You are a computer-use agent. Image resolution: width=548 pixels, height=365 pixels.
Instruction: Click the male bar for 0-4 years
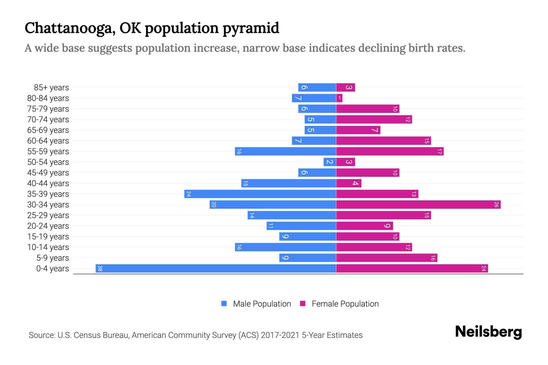point(216,269)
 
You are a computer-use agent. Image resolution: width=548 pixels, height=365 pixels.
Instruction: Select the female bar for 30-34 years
point(418,205)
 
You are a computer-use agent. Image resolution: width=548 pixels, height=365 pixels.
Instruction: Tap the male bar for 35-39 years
point(260,194)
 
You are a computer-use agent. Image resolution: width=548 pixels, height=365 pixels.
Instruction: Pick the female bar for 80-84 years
point(339,98)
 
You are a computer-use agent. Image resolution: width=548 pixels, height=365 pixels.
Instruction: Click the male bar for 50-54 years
point(330,162)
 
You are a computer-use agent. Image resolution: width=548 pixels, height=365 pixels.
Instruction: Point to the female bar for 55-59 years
point(390,151)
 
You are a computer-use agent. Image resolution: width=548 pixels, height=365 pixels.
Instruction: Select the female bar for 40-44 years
point(349,183)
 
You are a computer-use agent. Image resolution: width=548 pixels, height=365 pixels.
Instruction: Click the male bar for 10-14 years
point(285,247)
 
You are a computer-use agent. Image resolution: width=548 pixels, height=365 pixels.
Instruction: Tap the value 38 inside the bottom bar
point(100,269)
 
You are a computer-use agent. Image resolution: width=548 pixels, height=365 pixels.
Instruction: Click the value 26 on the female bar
point(496,205)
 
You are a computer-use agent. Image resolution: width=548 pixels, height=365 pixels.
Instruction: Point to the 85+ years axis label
point(51,88)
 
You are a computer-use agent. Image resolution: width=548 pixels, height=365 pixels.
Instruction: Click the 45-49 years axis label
point(48,173)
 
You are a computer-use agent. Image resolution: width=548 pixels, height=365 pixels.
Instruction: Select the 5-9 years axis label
point(52,258)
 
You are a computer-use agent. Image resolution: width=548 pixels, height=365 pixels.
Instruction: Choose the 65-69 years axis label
point(48,130)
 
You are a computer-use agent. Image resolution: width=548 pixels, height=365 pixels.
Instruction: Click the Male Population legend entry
point(262,304)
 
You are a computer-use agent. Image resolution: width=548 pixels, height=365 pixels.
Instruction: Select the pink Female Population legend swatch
point(303,304)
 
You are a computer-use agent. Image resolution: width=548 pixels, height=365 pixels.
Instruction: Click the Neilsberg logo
point(488,332)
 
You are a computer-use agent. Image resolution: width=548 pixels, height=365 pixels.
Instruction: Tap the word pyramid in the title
point(251,28)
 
